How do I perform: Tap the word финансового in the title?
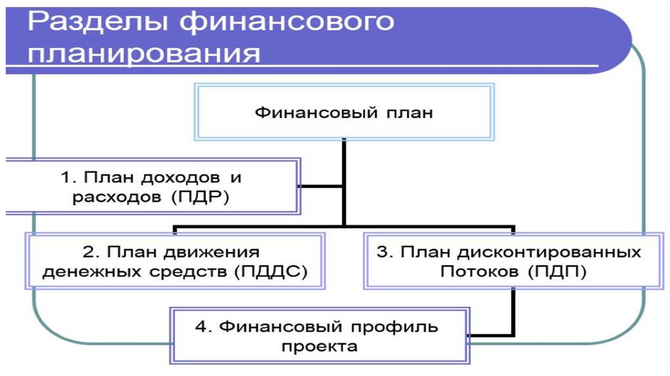pyautogui.click(x=287, y=22)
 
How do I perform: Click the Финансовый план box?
pyautogui.click(x=344, y=112)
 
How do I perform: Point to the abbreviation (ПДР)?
pyautogui.click(x=200, y=197)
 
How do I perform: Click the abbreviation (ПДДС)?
pyautogui.click(x=272, y=272)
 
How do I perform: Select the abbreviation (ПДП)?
pyautogui.click(x=557, y=272)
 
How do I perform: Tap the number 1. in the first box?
pyautogui.click(x=68, y=177)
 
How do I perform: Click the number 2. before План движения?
pyautogui.click(x=90, y=252)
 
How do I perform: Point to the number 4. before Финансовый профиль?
pyautogui.click(x=203, y=327)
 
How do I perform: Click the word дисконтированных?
pyautogui.click(x=550, y=253)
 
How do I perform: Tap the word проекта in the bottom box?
pyautogui.click(x=319, y=347)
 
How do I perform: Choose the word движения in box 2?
pyautogui.click(x=211, y=253)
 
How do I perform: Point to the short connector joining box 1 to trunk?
pyautogui.click(x=321, y=187)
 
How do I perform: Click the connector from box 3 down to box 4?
pyautogui.click(x=513, y=311)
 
